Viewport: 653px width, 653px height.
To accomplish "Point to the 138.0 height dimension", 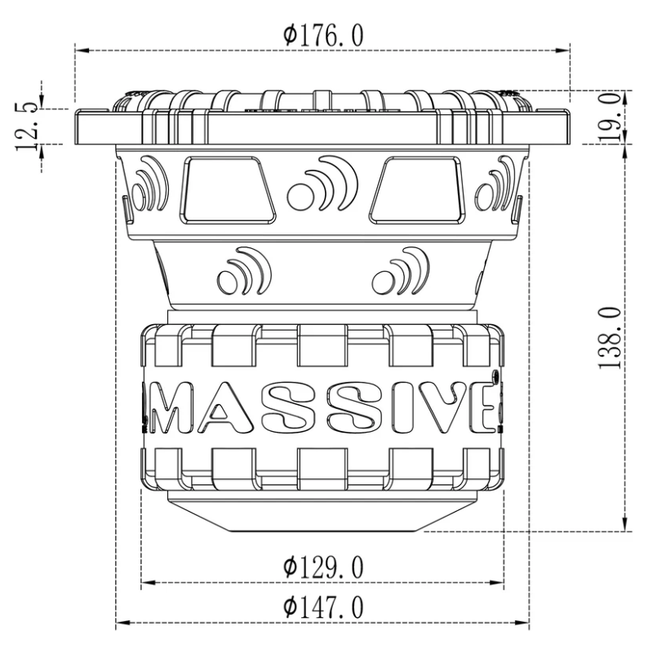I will (x=612, y=337).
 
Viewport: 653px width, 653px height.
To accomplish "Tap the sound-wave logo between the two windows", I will (x=318, y=184).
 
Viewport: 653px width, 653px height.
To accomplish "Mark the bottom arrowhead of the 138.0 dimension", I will (x=624, y=526).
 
